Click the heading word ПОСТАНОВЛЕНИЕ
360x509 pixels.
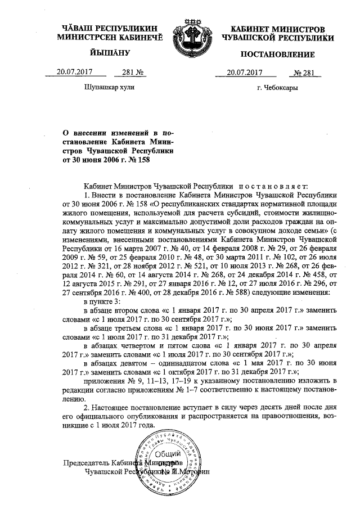tap(276, 54)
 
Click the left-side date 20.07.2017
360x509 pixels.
tap(74, 71)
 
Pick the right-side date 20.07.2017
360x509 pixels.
tap(245, 72)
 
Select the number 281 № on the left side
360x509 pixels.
tap(126, 71)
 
